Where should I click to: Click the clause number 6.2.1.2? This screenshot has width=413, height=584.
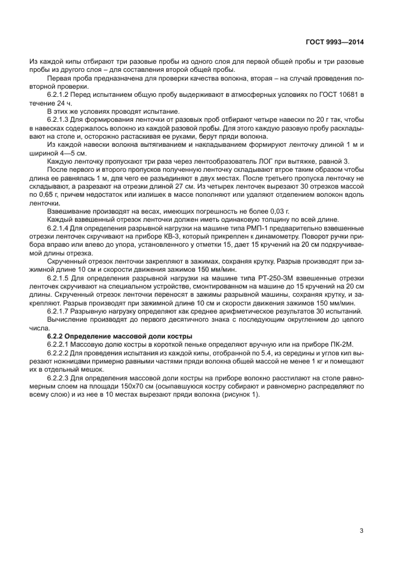(60, 93)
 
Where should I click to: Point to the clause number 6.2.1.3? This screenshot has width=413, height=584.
(60, 118)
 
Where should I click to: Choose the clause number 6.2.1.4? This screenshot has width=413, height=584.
(60, 228)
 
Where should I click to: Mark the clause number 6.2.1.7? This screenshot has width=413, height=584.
(60, 310)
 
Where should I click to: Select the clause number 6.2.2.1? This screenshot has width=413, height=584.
(60, 344)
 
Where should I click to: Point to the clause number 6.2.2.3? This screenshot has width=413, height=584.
(60, 379)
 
